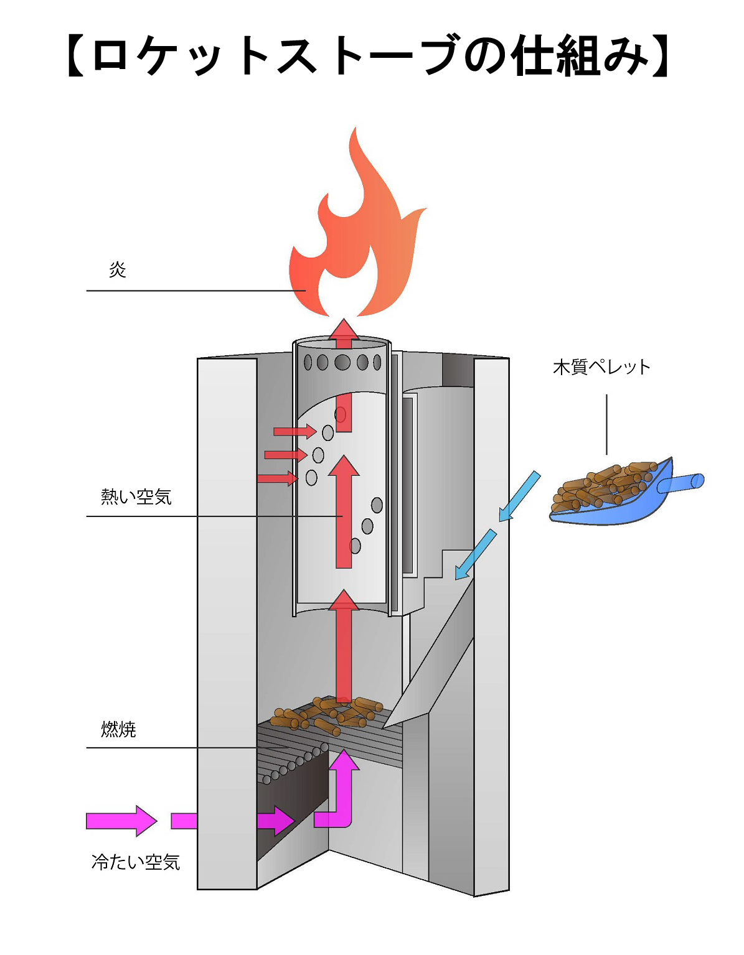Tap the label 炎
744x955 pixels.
coord(118,270)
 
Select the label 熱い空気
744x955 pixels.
coord(136,497)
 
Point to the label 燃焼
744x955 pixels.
coord(118,729)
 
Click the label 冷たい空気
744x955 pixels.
coord(136,862)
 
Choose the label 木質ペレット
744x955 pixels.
coord(601,367)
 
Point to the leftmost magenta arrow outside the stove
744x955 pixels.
coord(121,821)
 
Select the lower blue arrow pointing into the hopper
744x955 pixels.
coord(476,554)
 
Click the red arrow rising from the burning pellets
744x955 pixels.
coord(344,647)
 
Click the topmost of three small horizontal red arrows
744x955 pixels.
coord(294,431)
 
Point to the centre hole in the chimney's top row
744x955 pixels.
coord(342,362)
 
